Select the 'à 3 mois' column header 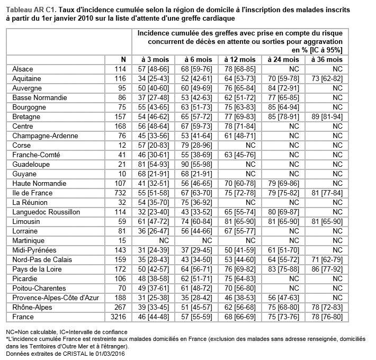[x=153, y=59]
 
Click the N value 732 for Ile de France [x=121, y=193]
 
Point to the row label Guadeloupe [x=30, y=164]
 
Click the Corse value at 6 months [x=196, y=145]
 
